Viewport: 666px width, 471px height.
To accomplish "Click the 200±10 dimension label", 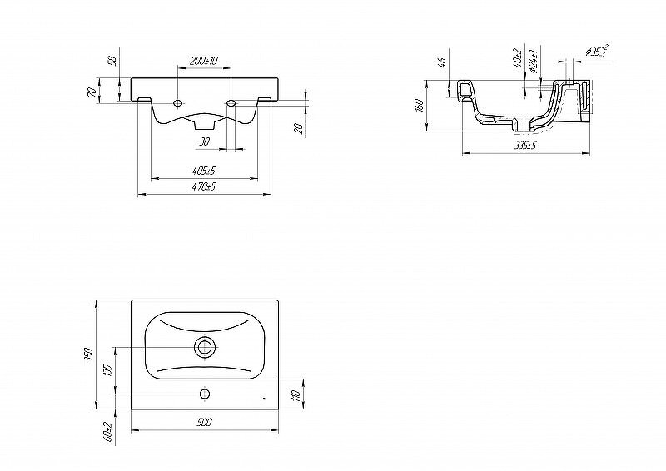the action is pos(203,61).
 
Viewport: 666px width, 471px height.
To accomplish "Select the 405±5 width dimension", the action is pos(203,171).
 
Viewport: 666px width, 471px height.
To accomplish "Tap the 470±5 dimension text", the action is pos(203,187).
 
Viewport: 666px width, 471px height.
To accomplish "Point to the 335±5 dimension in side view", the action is pos(524,146).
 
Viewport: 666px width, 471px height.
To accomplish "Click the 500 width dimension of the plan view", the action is pos(205,423).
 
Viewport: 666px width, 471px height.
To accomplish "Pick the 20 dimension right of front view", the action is pos(297,127).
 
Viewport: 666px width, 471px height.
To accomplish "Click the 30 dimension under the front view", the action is pos(204,141).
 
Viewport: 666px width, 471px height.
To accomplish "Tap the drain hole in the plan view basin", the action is pos(205,347).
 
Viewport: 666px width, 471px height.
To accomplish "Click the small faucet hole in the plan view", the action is pos(204,392).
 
